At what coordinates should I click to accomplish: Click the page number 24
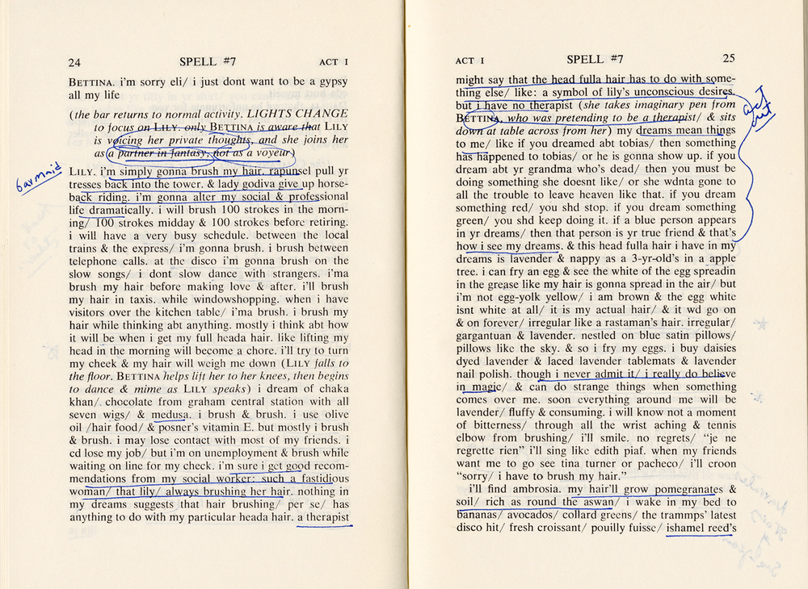(74, 62)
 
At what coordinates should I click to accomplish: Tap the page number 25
(728, 58)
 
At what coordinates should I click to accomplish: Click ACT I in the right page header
(469, 61)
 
